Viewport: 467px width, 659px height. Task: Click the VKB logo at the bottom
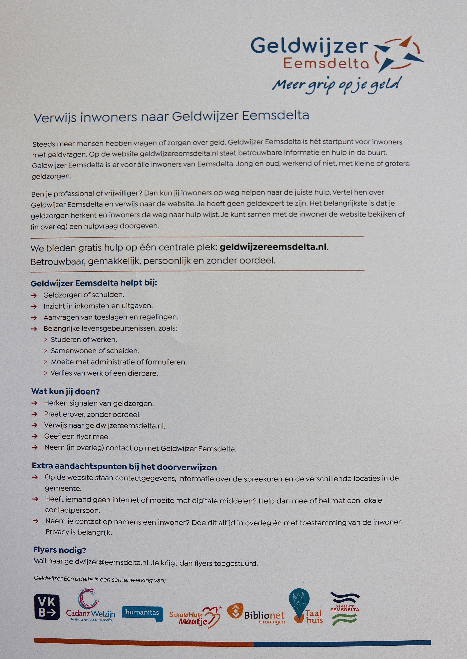(47, 607)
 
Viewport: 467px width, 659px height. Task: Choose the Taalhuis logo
(305, 607)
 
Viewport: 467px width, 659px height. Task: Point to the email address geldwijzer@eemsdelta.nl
(106, 562)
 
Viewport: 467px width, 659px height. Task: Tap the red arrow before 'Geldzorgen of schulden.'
(34, 295)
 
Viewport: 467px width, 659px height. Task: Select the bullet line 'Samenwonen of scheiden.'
(95, 351)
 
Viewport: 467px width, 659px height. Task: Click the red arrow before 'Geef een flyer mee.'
(34, 436)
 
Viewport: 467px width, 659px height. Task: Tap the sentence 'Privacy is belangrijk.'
(78, 532)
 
